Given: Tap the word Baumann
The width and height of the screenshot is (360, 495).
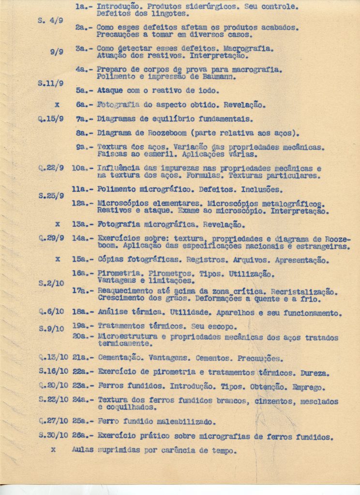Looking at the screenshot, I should coord(218,77).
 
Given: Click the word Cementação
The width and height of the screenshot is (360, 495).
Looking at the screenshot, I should coord(120,359).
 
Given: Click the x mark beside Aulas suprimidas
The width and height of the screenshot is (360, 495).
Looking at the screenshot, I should coord(53,449).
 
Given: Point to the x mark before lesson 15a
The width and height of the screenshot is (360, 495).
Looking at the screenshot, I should coord(58,259).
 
